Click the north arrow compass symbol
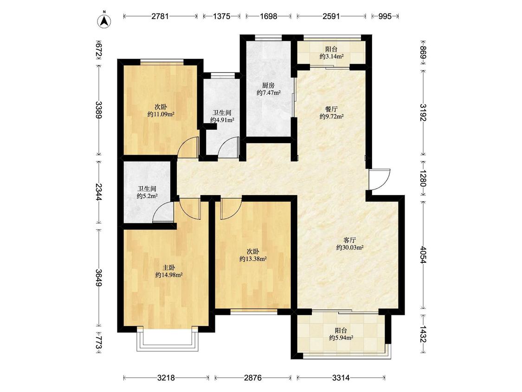coord(104,20)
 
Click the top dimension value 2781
coord(160,16)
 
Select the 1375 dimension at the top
coord(221,16)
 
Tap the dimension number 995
coord(385,16)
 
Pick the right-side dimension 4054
coord(423,255)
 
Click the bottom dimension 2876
coord(253,378)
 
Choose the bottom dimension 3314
coord(341,378)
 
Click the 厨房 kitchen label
coord(268,85)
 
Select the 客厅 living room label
coord(350,240)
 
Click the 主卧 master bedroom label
coord(169,268)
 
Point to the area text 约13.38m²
coord(253,259)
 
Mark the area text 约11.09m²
coord(161,114)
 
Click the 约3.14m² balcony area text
coord(332,57)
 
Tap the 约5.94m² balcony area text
coord(341,338)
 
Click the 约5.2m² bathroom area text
coord(147,196)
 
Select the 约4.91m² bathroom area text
coord(222,120)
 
